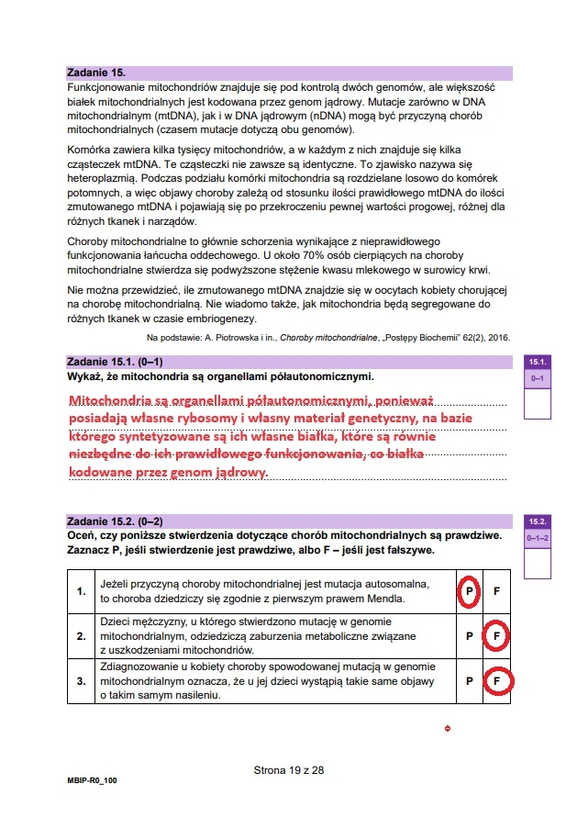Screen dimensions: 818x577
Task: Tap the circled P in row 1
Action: tap(469, 592)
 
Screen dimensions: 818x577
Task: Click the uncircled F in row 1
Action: tap(496, 592)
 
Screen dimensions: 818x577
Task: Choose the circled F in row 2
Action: tap(496, 635)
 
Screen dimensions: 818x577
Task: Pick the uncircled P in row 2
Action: tap(469, 635)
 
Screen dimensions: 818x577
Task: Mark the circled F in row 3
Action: tap(496, 681)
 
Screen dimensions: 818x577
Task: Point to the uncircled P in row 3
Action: tap(469, 681)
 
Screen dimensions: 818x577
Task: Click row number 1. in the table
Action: tap(83, 592)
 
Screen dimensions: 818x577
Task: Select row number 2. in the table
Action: tap(83, 635)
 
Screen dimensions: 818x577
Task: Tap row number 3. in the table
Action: tap(83, 681)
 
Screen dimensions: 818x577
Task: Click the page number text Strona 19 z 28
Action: tap(289, 770)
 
